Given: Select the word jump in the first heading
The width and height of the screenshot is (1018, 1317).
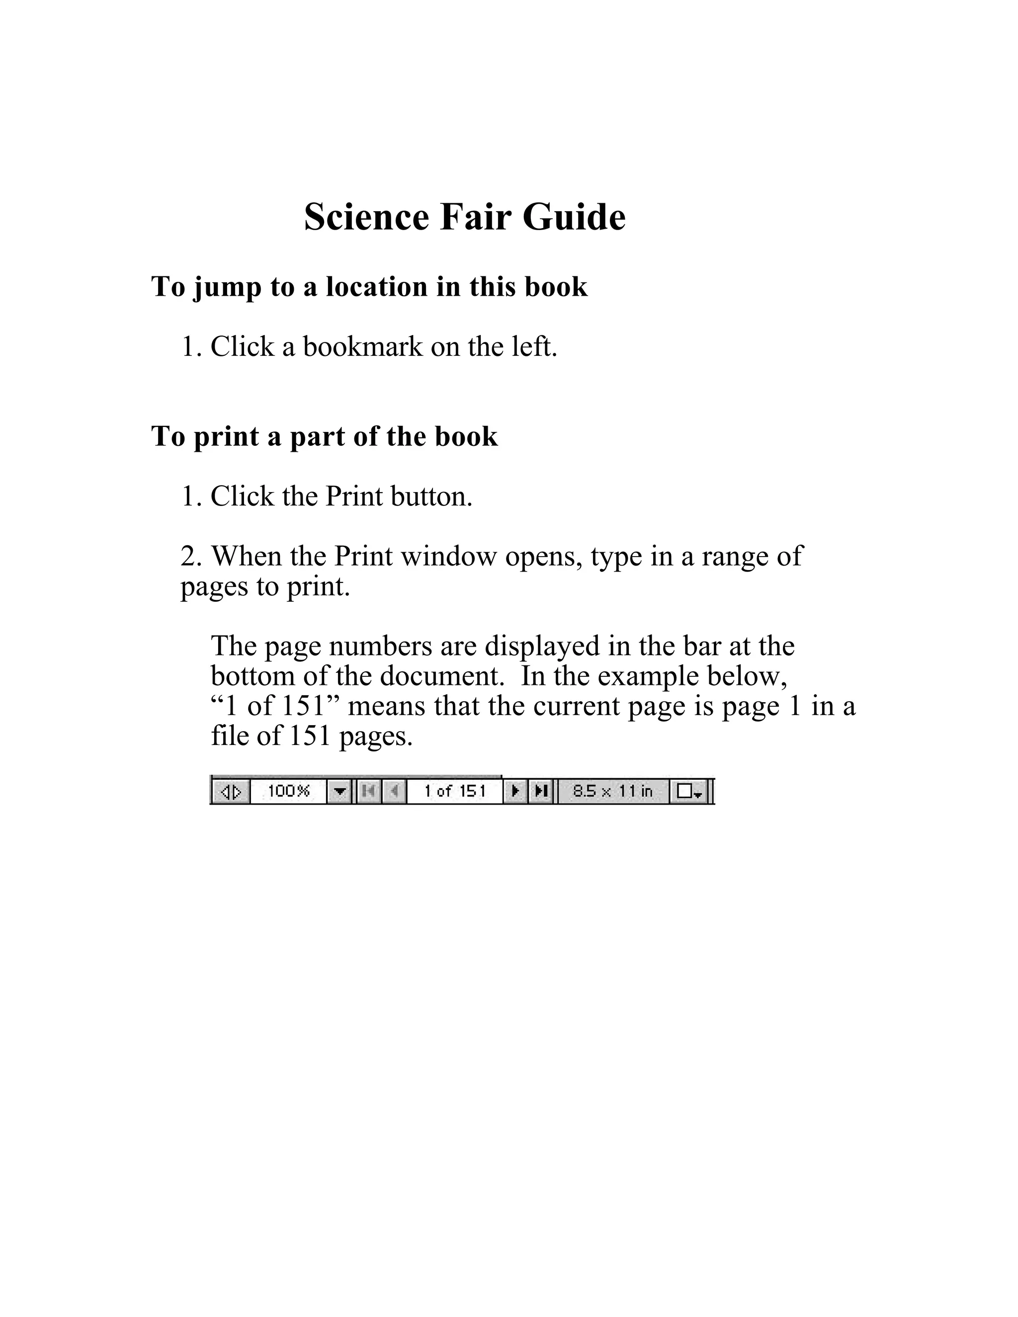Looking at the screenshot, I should pos(227,287).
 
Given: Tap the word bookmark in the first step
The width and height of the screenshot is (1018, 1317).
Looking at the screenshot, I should pos(363,347).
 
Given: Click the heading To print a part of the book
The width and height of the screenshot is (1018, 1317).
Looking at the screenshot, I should pos(325,436).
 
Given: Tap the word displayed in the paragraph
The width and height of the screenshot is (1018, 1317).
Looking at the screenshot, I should pos(542,647).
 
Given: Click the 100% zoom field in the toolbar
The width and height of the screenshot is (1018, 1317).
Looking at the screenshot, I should pos(288,791).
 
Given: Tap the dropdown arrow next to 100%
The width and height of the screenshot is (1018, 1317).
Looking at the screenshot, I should pos(339,791).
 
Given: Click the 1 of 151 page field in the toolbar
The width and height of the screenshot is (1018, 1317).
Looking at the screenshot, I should pos(455,791).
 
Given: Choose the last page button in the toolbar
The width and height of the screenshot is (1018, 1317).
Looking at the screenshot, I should pos(541,791).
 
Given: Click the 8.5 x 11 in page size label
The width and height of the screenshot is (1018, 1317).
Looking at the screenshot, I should pos(613,791).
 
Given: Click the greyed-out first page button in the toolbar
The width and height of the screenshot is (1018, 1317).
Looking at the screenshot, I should pos(368,791).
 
